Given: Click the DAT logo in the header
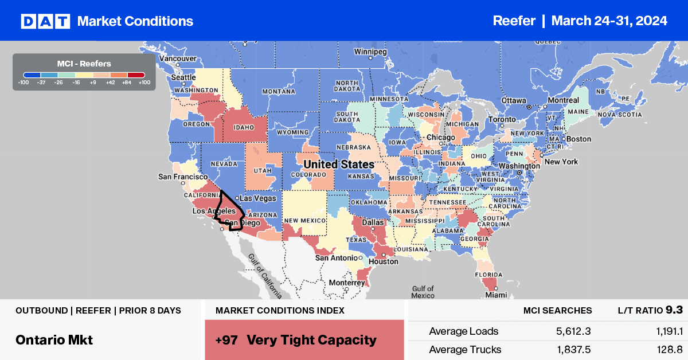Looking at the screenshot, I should pos(45,21).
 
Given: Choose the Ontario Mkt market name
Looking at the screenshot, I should pos(54,339).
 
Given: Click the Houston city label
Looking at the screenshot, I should pos(384,261).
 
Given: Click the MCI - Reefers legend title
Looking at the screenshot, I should pos(84,64).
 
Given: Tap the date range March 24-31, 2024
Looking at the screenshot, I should pos(609,21).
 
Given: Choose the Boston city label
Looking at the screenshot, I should pos(578,139).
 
